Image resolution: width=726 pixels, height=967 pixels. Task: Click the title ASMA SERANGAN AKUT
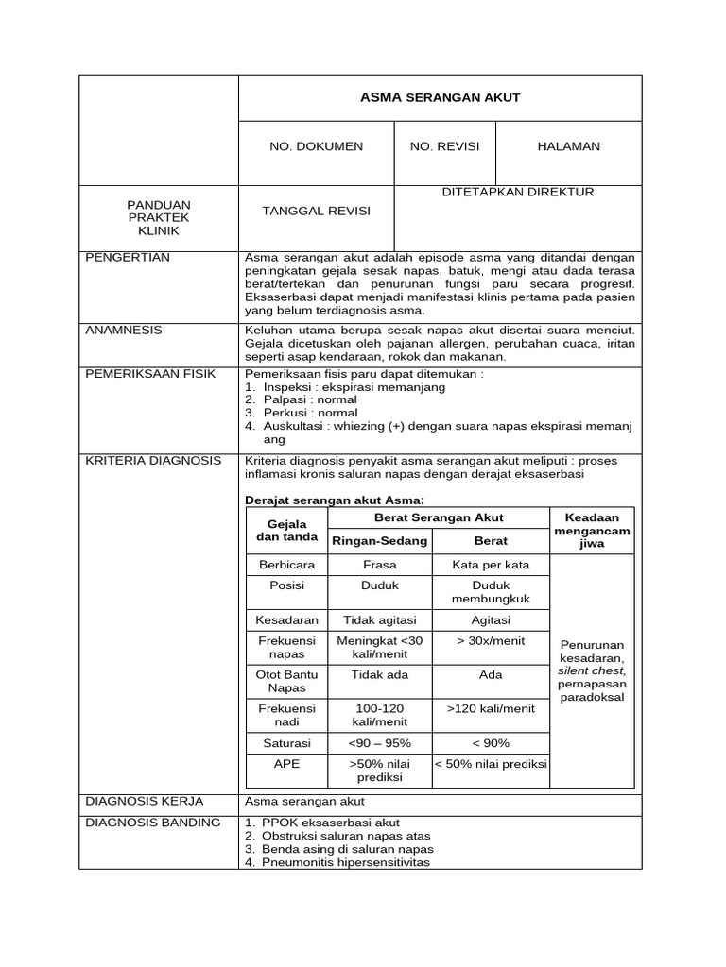(x=440, y=97)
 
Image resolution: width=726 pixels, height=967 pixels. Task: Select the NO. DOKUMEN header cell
(x=316, y=146)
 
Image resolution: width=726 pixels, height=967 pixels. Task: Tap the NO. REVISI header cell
(x=444, y=146)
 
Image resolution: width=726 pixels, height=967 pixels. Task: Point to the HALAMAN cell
(x=568, y=146)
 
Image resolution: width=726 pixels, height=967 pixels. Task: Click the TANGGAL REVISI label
(x=316, y=211)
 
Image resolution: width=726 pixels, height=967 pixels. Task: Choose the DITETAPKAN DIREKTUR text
(x=518, y=192)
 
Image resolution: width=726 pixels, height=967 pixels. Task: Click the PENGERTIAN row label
(x=122, y=257)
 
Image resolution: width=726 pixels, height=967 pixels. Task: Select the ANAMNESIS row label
(x=124, y=330)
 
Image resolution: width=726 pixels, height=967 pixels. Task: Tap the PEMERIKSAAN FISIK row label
(x=150, y=373)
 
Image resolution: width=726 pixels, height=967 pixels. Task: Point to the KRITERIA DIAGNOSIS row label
(x=153, y=460)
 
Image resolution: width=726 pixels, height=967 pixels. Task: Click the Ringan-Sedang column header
(x=378, y=541)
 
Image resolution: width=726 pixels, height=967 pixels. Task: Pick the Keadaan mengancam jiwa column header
(x=592, y=531)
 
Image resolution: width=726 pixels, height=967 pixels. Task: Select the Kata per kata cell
(x=491, y=565)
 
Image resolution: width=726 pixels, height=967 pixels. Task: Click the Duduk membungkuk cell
(x=491, y=592)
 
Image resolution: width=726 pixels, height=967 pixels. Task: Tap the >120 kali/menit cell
(x=491, y=707)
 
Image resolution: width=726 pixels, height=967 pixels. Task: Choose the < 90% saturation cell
(x=491, y=743)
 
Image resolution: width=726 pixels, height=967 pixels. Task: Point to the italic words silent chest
(x=592, y=670)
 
